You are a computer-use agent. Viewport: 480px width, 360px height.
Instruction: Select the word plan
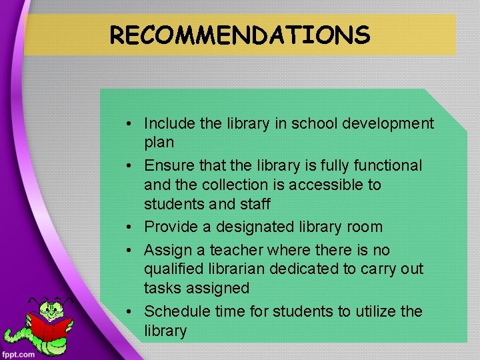(x=159, y=142)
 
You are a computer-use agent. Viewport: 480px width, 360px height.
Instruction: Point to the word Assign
(x=166, y=250)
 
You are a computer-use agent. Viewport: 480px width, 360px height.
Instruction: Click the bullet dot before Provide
(x=134, y=227)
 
